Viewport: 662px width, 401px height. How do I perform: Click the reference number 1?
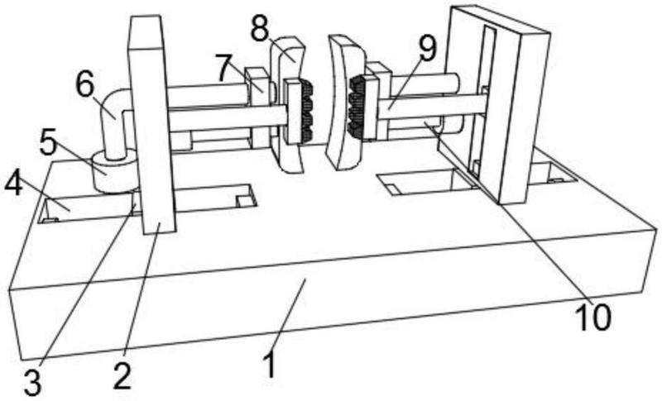click(x=270, y=365)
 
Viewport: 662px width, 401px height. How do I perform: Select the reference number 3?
click(x=32, y=383)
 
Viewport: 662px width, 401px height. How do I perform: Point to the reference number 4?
click(x=13, y=184)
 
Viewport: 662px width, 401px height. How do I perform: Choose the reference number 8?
click(x=259, y=28)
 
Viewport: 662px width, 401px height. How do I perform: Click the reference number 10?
click(x=593, y=317)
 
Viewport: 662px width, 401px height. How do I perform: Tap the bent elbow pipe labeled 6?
click(x=115, y=120)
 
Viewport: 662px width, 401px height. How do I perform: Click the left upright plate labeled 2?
click(x=152, y=125)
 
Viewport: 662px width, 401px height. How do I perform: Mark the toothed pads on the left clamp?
click(x=307, y=111)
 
